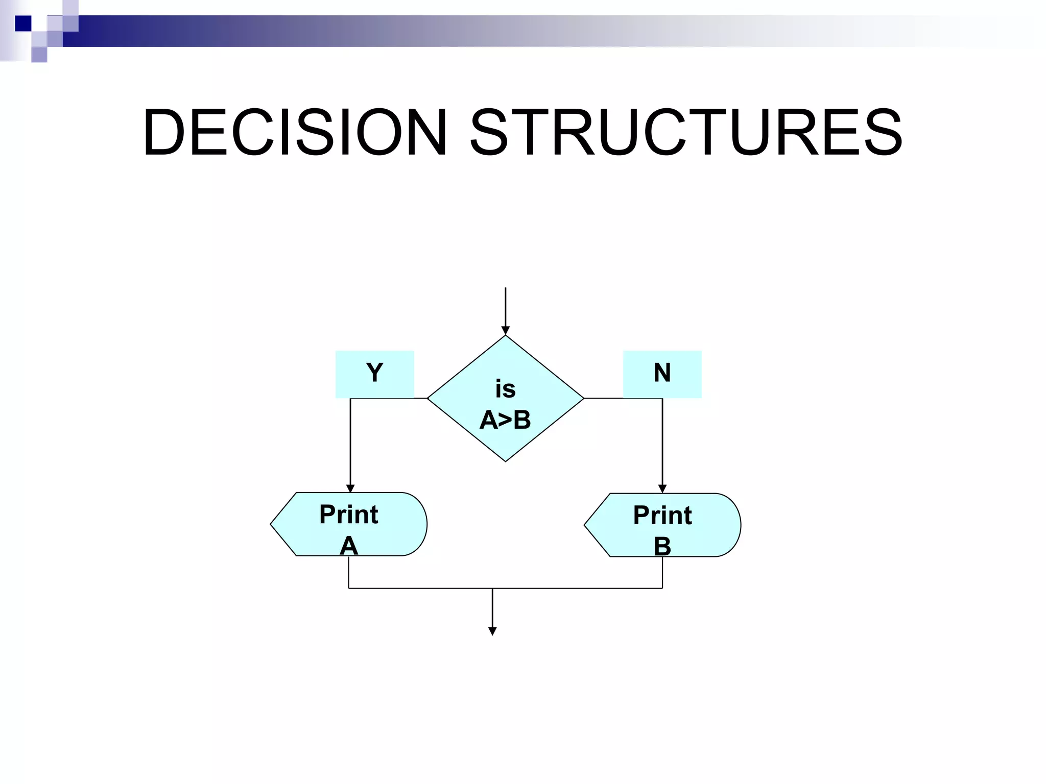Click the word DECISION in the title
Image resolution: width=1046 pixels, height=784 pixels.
coord(295,133)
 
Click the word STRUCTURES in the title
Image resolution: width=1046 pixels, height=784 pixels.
coord(686,133)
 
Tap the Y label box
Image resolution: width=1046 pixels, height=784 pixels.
coord(374,374)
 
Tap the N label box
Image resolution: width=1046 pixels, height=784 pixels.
coord(662,374)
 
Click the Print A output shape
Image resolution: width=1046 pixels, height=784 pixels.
coord(349,524)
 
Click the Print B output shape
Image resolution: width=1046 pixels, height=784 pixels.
coord(662,525)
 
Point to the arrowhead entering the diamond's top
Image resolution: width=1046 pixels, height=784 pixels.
coord(505,331)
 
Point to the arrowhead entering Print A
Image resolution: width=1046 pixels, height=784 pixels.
coord(350,488)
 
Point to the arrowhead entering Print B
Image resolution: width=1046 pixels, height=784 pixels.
coord(662,489)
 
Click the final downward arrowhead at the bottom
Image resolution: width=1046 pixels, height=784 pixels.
coord(492,631)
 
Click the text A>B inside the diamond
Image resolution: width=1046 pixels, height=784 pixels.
coord(505,420)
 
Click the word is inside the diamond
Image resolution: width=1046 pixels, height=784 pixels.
coord(505,389)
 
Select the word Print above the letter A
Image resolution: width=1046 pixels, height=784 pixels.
coord(349,514)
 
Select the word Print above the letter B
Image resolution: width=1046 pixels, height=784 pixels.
coord(662,515)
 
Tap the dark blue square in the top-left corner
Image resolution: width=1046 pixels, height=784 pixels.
coord(22,23)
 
